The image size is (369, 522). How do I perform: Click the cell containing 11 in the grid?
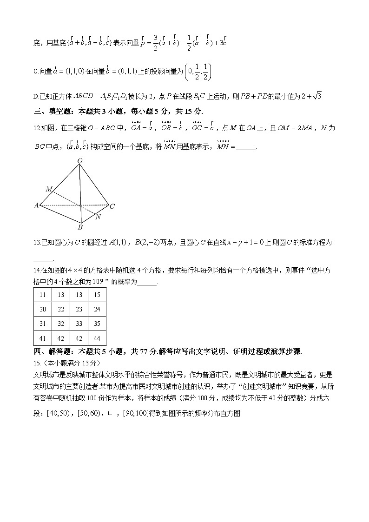click(x=43, y=295)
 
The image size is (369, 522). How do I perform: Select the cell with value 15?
click(x=97, y=295)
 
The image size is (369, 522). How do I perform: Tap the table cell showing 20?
click(x=43, y=309)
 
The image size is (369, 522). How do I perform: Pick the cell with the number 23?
click(x=79, y=309)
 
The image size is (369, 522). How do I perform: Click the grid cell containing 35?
click(x=97, y=324)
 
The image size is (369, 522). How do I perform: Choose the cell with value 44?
click(x=97, y=338)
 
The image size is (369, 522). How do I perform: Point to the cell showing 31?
click(x=43, y=324)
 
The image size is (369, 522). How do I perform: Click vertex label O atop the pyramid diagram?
click(x=80, y=161)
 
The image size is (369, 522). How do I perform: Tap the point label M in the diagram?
click(x=49, y=189)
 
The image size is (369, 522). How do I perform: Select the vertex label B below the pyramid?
click(x=80, y=227)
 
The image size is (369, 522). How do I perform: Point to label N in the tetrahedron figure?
click(x=98, y=217)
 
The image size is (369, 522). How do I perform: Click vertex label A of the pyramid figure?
click(x=36, y=205)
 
